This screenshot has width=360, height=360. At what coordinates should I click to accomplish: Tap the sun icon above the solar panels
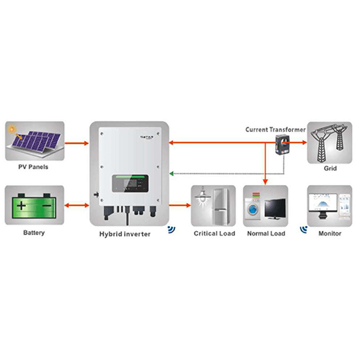pos(13,131)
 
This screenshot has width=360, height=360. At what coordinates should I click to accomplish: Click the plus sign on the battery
pos(24,207)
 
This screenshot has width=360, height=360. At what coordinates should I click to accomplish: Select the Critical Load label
pos(213,233)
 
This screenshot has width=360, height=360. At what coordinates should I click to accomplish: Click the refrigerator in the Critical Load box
pos(221,206)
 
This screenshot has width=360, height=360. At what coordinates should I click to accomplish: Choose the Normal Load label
pos(265,233)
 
